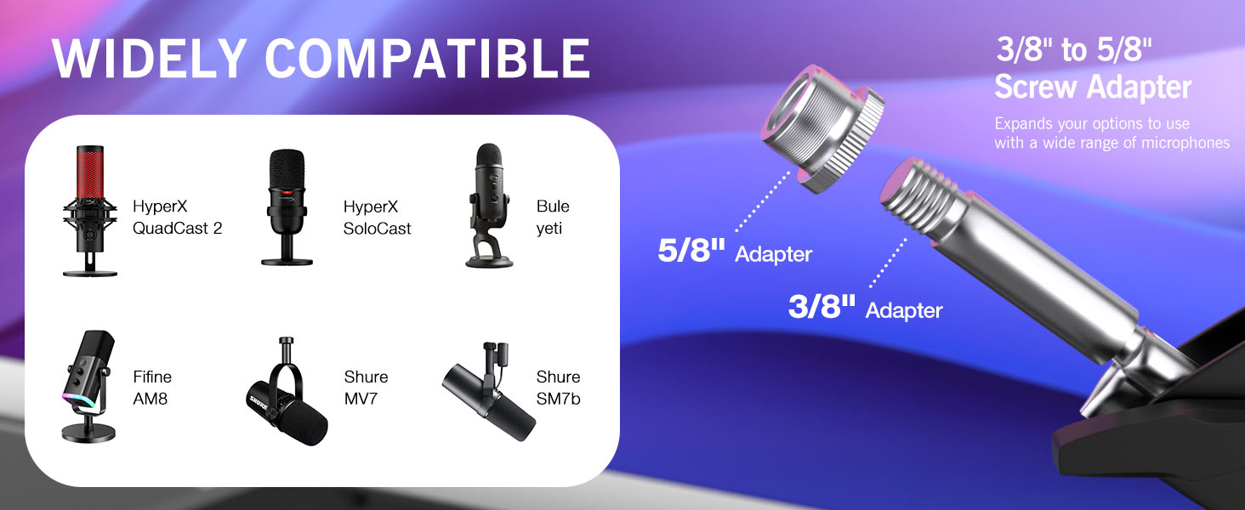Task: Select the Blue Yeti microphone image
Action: click(x=490, y=205)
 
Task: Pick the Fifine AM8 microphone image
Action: click(x=88, y=385)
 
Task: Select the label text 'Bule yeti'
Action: click(x=553, y=217)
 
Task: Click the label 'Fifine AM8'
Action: click(x=152, y=387)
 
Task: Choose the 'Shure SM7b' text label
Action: click(x=558, y=387)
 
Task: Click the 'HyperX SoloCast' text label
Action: click(x=377, y=217)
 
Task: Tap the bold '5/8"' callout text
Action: click(x=692, y=251)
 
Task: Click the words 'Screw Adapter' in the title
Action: click(x=1093, y=87)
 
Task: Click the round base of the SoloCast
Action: click(x=287, y=258)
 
